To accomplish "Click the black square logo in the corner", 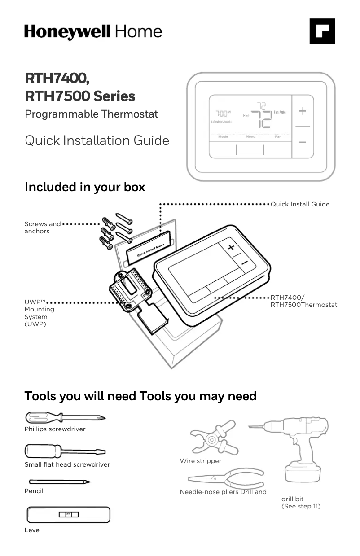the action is pos(322,31).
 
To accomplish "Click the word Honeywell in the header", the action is pos(67,32).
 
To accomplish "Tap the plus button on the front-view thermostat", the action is pos(303,111).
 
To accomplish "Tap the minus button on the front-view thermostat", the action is pos(303,142).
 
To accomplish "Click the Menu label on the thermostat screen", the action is pos(250,136).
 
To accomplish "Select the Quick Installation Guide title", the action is pos(97,140).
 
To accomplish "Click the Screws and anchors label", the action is pos(43,228).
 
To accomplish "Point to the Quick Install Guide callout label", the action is pos(300,204).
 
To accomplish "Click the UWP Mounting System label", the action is pos(39,313).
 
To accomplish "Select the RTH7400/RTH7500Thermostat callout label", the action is pos(303,301).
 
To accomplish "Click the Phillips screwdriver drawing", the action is pos(65,417).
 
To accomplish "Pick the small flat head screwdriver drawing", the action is pos(65,451).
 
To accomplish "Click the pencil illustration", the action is pos(60,482).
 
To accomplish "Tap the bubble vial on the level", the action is pos(69,515).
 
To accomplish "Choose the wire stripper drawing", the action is pos(214,438).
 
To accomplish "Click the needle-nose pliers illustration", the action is pos(226,478).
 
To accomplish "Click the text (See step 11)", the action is pos(301,506).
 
